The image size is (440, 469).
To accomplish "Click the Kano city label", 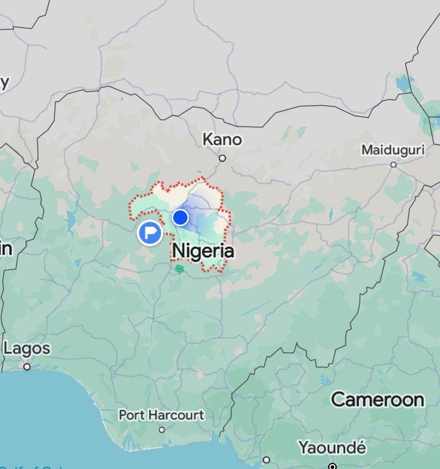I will point(222,140).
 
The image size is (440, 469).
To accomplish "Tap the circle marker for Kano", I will point(222,158).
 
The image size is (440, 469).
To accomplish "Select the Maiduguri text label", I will point(392,150).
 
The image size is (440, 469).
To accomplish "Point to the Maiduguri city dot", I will point(394,164).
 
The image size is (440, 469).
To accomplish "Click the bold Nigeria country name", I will point(204,251).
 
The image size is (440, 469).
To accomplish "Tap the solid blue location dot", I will point(180,217).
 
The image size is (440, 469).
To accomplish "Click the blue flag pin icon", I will point(150,232).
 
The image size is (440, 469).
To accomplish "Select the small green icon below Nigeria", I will point(178,269).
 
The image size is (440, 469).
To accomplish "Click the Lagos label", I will point(27,349).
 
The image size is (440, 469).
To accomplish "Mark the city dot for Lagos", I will point(27,367).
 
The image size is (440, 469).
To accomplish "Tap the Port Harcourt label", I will point(161,415).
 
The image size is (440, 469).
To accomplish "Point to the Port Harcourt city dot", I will point(162,429).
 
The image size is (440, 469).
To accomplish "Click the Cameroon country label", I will point(377,400).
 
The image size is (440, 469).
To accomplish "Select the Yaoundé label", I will point(332,448).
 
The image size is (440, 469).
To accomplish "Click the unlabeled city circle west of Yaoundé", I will point(266,460).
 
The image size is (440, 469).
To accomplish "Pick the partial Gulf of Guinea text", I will point(24,467).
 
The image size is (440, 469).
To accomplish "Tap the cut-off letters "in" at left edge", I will point(6,248).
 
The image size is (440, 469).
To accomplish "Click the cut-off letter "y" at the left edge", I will point(4,83).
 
